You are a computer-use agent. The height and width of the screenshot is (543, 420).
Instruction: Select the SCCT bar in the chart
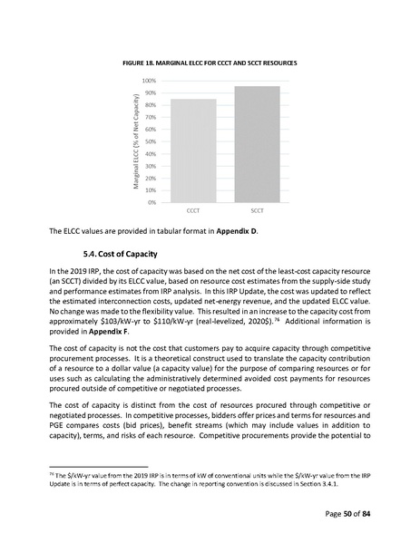257,144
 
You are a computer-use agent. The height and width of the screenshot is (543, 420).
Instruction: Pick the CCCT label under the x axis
192,209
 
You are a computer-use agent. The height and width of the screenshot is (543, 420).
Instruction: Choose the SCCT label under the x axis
257,209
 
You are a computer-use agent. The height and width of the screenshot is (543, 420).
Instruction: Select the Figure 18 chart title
210,61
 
